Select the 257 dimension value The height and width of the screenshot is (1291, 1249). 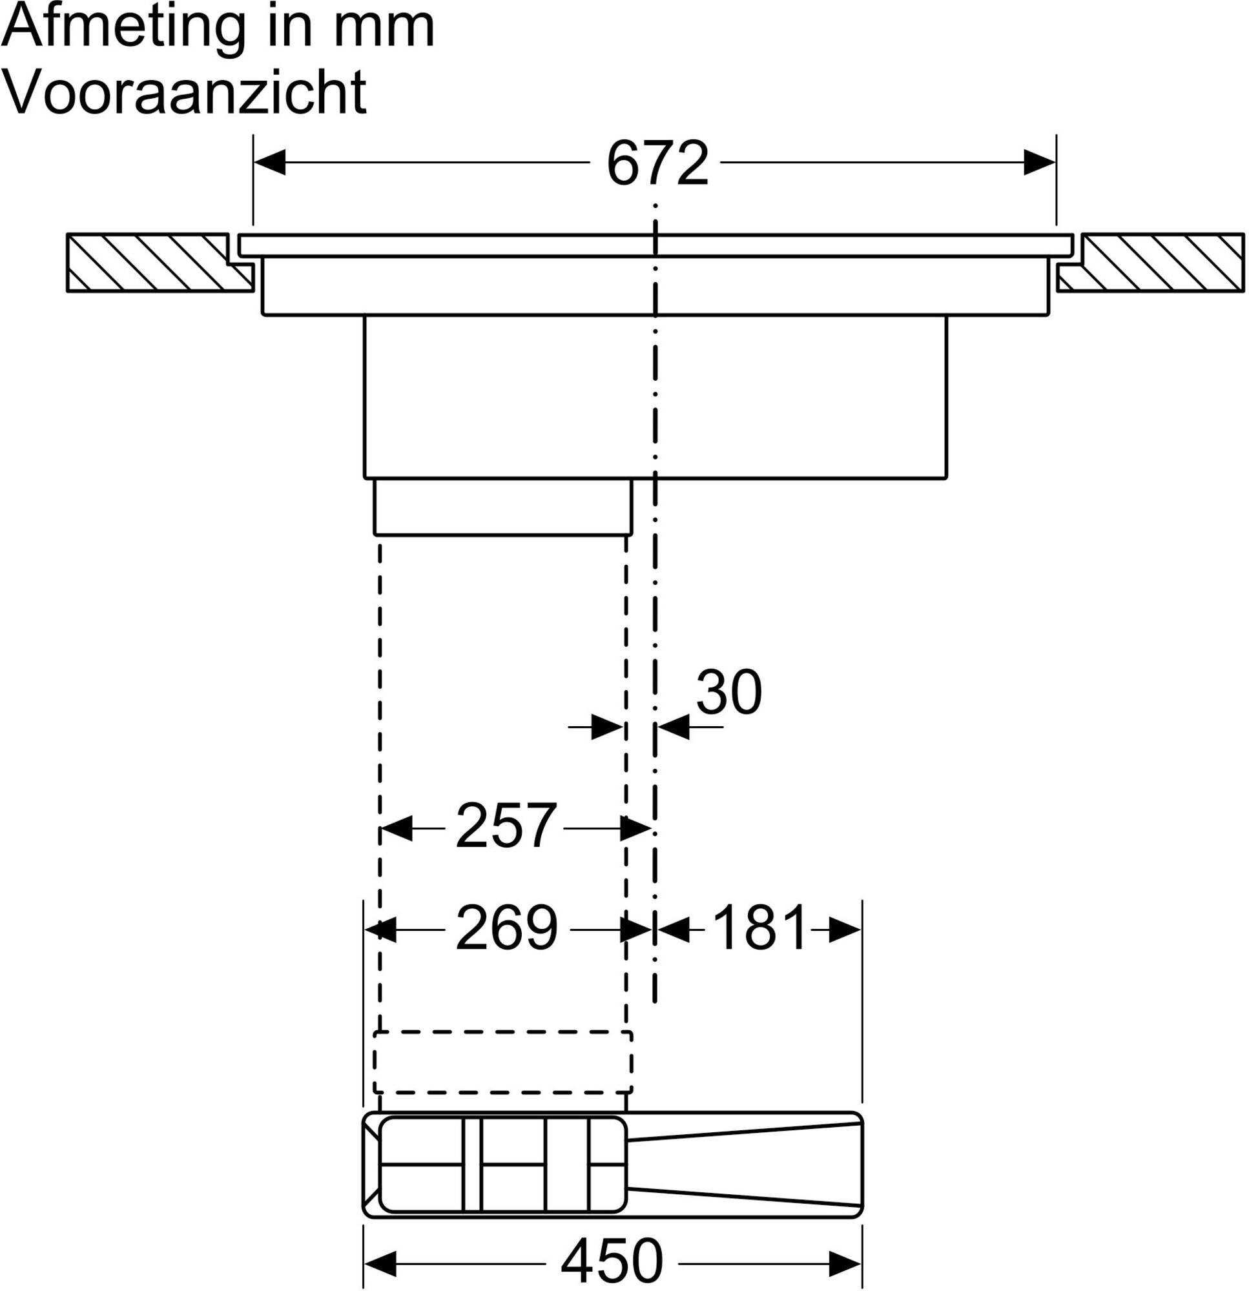505,826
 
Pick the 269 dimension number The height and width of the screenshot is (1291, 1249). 506,928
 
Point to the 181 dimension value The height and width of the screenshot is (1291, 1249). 759,928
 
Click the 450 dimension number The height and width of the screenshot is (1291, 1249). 611,1260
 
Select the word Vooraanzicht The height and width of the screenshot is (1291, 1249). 185,92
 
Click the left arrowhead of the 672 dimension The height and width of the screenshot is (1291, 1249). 269,162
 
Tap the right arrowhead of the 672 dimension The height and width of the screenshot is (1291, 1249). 1039,162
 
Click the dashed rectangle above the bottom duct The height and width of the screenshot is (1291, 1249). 503,1062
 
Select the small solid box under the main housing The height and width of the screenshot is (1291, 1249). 503,507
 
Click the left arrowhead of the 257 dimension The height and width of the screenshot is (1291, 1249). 396,828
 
